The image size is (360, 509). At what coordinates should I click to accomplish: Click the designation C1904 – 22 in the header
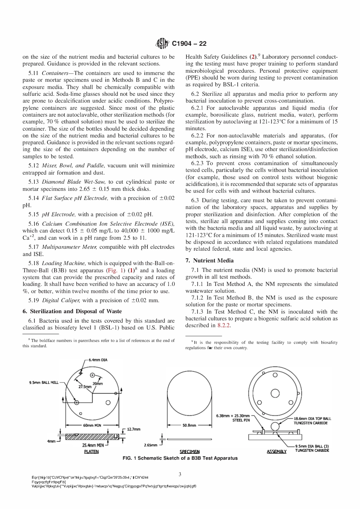(x=189, y=44)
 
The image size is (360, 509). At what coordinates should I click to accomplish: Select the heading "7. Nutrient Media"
(x=210, y=261)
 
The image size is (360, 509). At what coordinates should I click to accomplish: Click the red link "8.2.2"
(x=224, y=325)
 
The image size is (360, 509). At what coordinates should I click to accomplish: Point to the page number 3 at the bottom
(x=180, y=474)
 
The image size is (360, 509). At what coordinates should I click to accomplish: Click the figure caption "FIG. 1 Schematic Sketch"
(x=180, y=458)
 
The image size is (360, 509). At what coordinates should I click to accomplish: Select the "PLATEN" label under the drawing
(x=91, y=451)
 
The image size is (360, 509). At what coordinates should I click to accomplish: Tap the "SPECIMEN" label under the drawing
(x=189, y=451)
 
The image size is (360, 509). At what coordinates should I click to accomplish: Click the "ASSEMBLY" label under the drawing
(x=277, y=451)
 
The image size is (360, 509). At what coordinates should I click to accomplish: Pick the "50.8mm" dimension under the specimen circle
(x=189, y=425)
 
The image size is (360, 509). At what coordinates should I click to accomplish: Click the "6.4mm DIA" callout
(x=97, y=360)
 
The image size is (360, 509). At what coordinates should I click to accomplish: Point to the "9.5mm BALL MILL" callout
(x=44, y=383)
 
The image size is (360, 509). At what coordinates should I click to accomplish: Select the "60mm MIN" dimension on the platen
(x=92, y=425)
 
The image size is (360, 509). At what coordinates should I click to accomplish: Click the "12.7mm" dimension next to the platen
(x=133, y=429)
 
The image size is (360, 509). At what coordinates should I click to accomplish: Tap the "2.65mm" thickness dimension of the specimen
(x=151, y=445)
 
